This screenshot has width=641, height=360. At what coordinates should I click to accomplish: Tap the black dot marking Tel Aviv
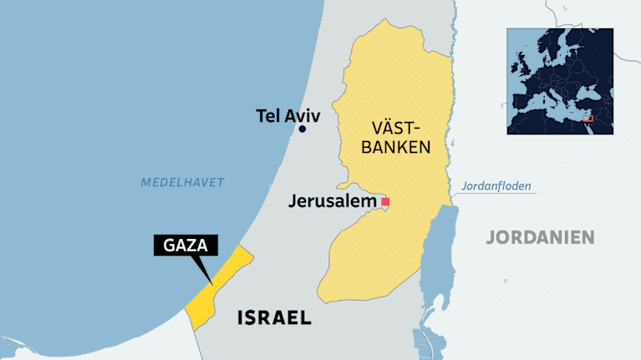(303, 129)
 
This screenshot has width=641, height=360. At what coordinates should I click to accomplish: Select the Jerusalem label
(333, 201)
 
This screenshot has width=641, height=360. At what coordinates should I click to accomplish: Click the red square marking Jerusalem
(385, 202)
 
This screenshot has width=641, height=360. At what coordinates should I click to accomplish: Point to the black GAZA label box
(186, 246)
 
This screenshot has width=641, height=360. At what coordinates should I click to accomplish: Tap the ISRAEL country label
(274, 317)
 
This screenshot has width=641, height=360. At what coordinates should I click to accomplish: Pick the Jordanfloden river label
(496, 186)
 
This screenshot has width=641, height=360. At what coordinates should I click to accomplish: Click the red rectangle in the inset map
(588, 119)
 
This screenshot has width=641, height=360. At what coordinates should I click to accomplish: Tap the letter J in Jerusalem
(293, 201)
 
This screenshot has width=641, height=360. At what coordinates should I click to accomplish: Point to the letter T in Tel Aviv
(262, 116)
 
